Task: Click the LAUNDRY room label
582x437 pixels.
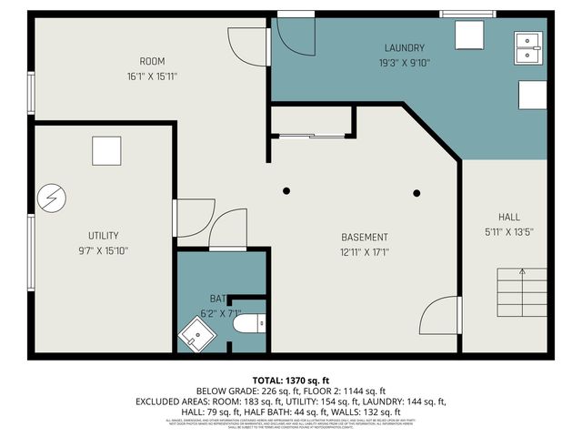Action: tap(404, 47)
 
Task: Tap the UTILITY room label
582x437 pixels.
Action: tap(103, 235)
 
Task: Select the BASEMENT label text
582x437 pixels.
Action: tap(364, 237)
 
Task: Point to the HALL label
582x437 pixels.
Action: tap(508, 217)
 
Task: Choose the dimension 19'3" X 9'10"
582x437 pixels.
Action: tap(404, 63)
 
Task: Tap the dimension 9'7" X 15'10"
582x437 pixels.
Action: tap(103, 250)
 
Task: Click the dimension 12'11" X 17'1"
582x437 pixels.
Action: tap(364, 252)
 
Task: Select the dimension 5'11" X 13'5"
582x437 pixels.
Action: tap(508, 232)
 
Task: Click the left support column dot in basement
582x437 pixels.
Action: tap(286, 190)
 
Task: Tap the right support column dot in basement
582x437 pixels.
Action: tap(417, 192)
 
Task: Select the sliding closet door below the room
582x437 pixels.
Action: tap(311, 135)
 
